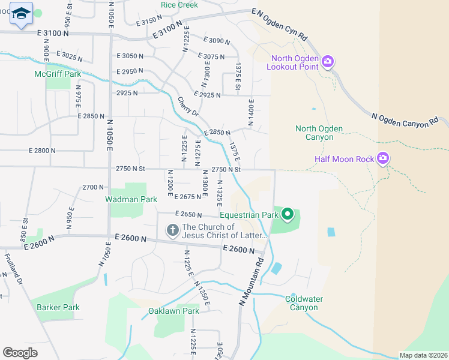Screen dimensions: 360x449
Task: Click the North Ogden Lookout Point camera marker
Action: (x=328, y=61)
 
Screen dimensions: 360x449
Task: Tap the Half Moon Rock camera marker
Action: (x=383, y=159)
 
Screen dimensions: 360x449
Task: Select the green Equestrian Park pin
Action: (x=288, y=214)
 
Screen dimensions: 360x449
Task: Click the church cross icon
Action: (x=172, y=230)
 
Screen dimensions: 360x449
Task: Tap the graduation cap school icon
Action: (x=21, y=14)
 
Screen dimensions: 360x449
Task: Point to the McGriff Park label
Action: (x=58, y=74)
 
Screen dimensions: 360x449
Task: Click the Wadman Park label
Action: (x=131, y=199)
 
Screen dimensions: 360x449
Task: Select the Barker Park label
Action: (x=58, y=307)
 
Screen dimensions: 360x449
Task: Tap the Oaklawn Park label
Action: (x=173, y=311)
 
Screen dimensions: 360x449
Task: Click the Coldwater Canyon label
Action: (x=305, y=303)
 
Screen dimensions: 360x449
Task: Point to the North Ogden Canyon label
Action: (x=319, y=133)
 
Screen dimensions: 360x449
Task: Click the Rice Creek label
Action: (x=179, y=5)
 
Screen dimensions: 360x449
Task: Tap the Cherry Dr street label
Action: (x=188, y=107)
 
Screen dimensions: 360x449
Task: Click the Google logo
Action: (x=20, y=353)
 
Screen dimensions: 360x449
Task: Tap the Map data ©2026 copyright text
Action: (x=423, y=355)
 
